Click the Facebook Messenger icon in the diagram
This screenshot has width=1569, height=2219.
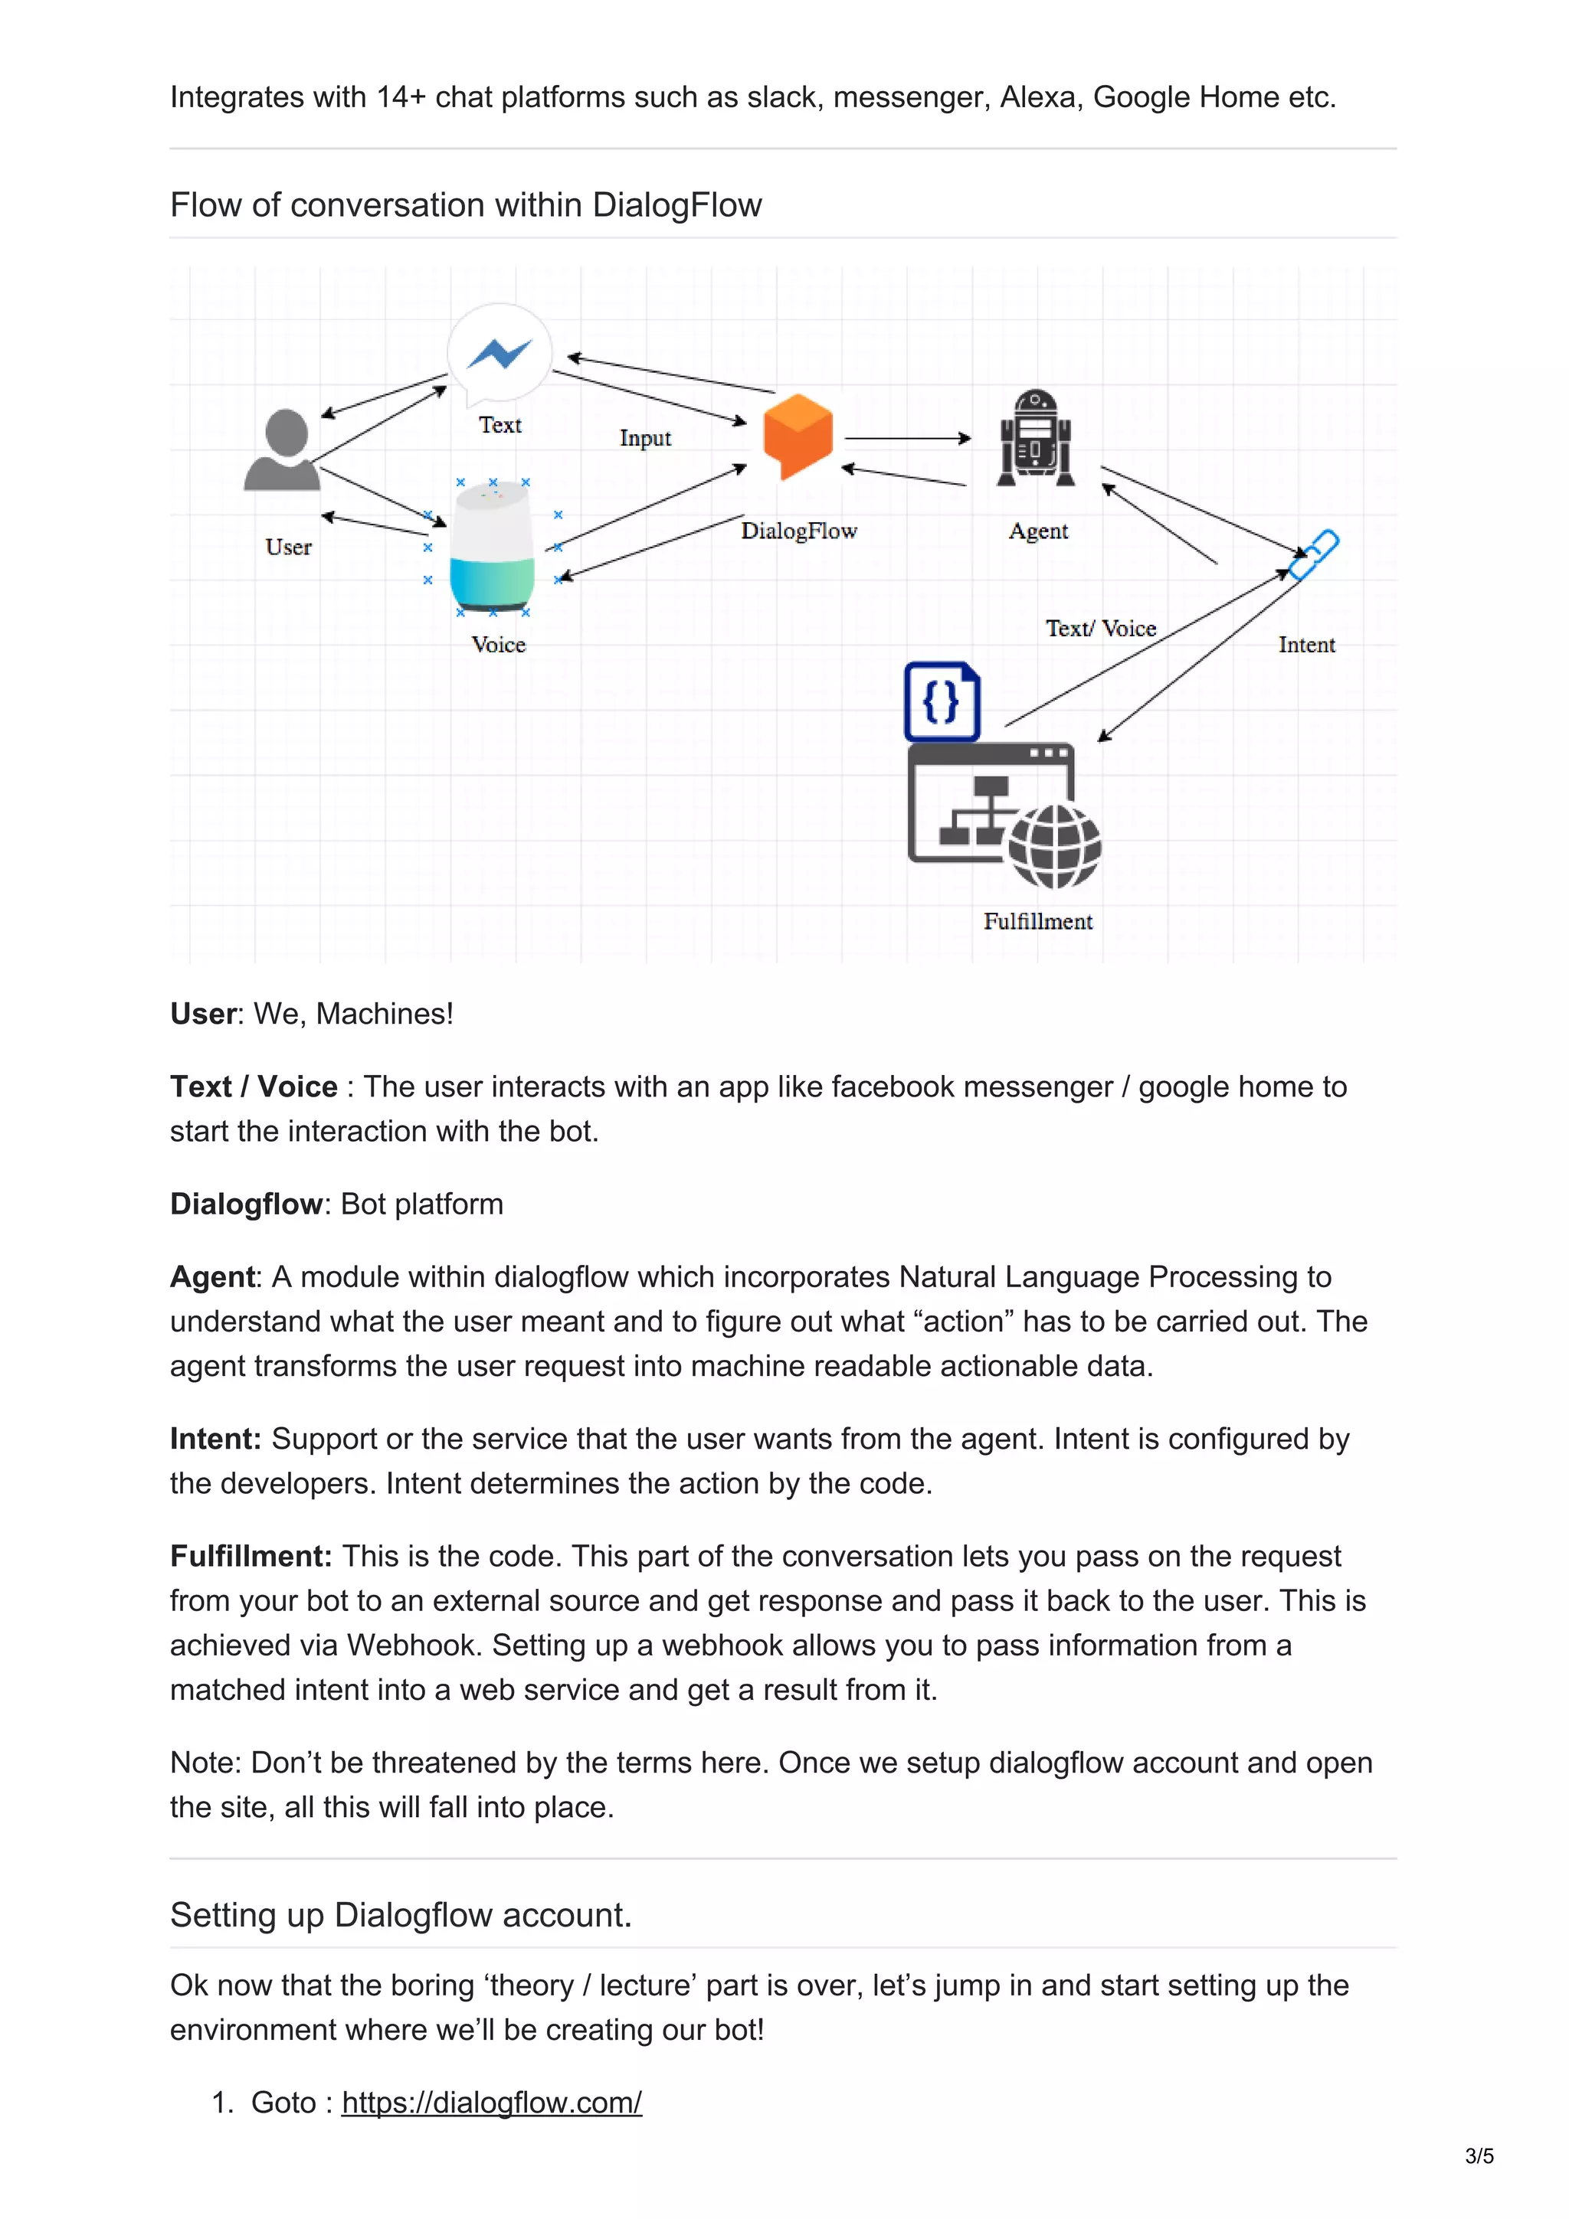(499, 354)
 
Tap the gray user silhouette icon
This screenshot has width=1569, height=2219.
(284, 450)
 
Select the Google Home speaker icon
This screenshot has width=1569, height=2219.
(493, 547)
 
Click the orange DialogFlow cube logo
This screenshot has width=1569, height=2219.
(798, 435)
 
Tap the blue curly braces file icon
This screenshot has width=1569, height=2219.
(942, 701)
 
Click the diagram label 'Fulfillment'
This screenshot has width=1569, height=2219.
(1037, 921)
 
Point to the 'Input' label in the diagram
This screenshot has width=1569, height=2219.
(645, 438)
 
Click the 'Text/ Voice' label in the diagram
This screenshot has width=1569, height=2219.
(1100, 628)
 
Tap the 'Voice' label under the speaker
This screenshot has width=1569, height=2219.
(498, 645)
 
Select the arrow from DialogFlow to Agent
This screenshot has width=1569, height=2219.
(907, 438)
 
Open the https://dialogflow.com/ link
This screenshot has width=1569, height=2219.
(491, 2102)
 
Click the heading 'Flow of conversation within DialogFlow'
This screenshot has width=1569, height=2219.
(465, 205)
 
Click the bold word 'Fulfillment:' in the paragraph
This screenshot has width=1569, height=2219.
(251, 1556)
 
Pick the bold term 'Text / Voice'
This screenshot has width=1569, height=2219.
(254, 1087)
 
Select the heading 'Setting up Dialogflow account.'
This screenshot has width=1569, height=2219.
(400, 1914)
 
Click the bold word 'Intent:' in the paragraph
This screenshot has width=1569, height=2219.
(215, 1438)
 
